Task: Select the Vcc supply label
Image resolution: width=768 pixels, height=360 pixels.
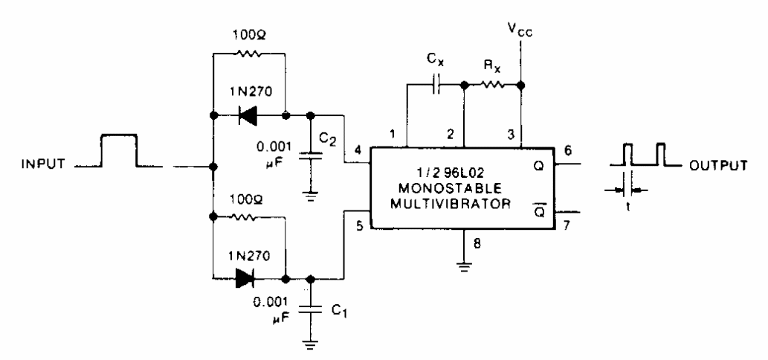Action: tap(521, 30)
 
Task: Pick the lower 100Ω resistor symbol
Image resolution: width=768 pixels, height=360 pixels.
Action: tap(249, 216)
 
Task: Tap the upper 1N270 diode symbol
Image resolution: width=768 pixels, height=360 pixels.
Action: tap(250, 116)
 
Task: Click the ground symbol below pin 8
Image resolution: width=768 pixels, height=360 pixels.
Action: tap(464, 266)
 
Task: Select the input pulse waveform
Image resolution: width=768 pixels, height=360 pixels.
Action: tap(119, 152)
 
